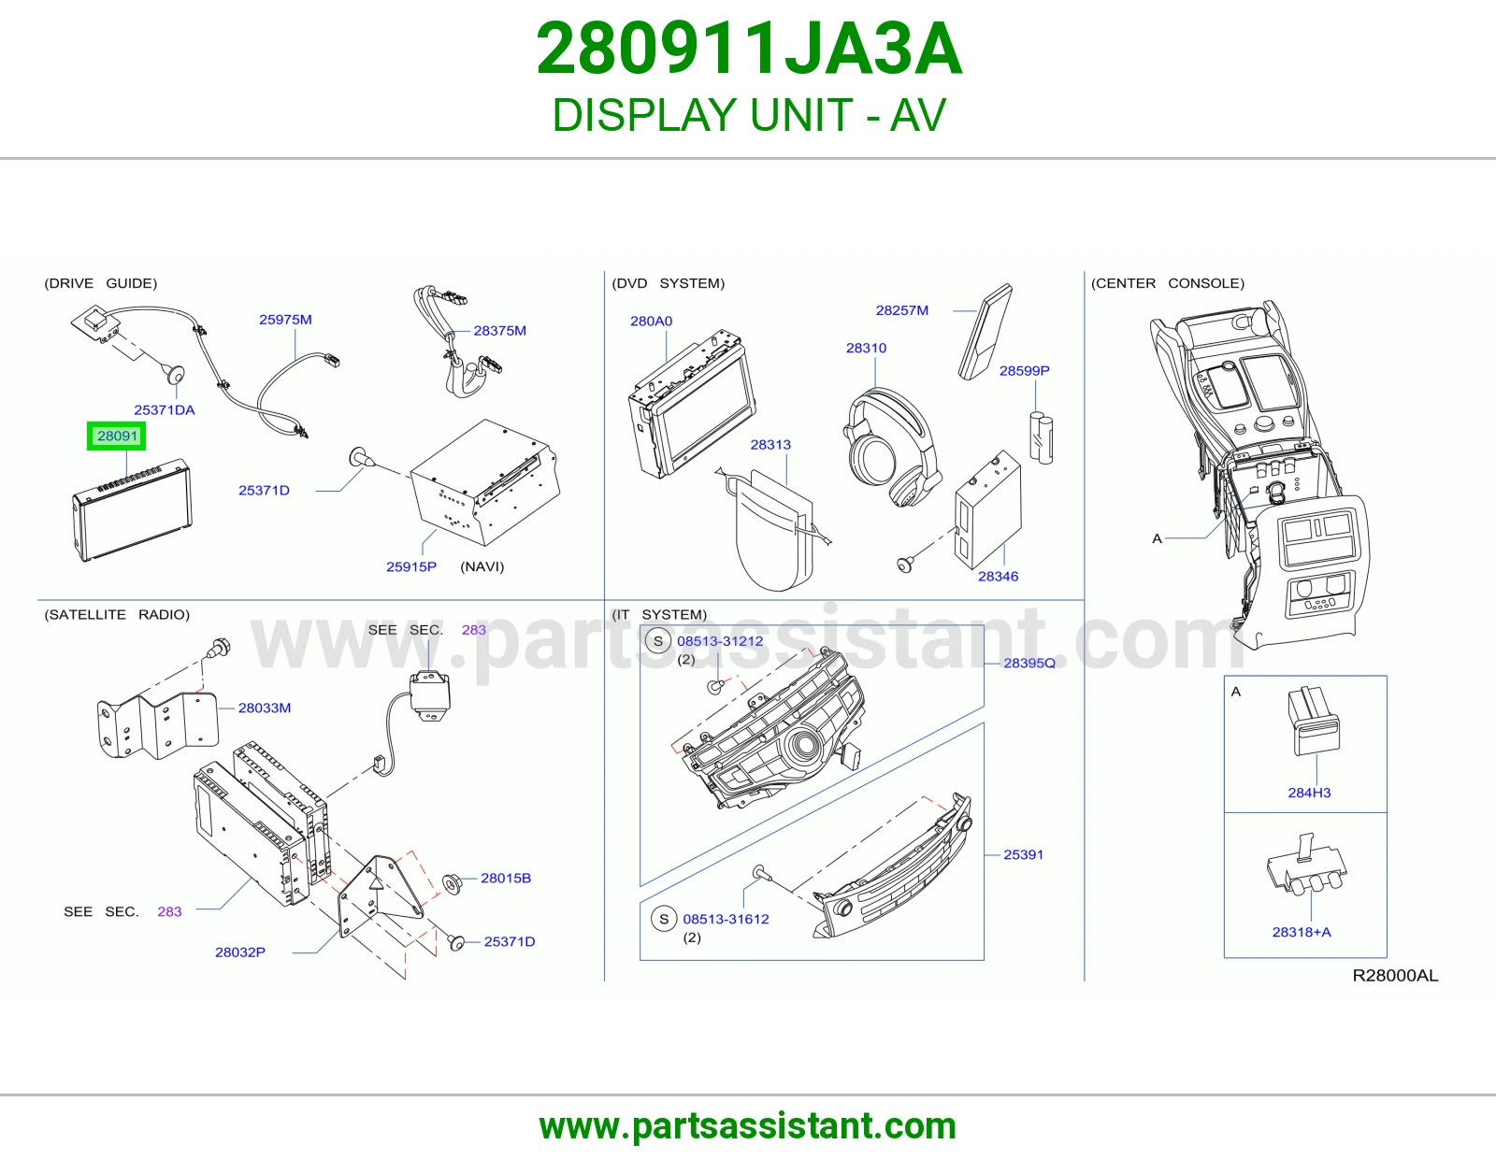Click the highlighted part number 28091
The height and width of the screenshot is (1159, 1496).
click(117, 436)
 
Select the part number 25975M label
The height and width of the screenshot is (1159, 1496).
click(285, 320)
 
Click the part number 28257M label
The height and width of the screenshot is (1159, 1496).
click(902, 310)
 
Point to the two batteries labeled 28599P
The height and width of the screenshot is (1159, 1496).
click(1041, 437)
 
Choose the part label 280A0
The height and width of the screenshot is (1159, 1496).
click(652, 321)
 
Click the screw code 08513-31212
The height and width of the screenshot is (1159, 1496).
click(720, 641)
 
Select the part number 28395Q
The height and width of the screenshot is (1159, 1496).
click(1029, 663)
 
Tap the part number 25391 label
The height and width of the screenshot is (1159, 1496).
click(1023, 854)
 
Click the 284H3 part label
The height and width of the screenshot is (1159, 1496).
click(1309, 793)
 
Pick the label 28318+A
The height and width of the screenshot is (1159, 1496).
click(1302, 932)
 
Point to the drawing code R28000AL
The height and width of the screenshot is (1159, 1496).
click(1395, 975)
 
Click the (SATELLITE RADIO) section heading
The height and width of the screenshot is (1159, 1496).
click(117, 615)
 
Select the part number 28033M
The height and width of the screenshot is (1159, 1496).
click(265, 708)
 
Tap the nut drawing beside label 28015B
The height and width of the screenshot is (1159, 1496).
click(452, 882)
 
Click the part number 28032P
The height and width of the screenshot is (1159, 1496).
click(240, 952)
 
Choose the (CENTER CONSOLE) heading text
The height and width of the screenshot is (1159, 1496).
click(1168, 283)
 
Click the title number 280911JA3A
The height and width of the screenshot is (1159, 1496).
click(749, 49)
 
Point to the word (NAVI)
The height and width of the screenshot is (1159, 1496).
click(482, 566)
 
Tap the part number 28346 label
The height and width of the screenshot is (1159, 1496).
click(999, 576)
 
